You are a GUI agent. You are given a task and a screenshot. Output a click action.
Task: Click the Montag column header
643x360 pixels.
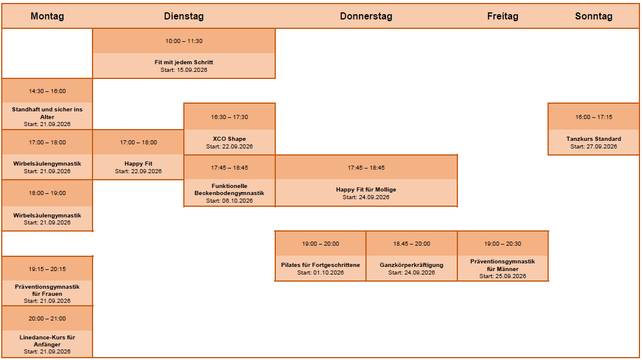47,16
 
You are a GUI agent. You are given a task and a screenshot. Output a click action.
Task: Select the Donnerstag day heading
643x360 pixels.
366,16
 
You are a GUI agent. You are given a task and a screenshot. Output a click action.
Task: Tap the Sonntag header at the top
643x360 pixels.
593,16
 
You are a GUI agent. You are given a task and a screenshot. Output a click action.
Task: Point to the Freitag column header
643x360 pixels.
502,16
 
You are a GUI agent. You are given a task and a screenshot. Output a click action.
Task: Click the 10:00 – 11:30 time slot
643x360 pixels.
184,41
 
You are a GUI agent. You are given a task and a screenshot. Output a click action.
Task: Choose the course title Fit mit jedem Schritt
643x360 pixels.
184,62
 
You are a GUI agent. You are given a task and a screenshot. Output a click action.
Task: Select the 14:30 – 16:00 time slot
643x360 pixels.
47,91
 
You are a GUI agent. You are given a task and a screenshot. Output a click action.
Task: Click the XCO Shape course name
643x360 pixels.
229,138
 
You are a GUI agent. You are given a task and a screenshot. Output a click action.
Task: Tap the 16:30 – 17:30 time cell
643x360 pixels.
229,117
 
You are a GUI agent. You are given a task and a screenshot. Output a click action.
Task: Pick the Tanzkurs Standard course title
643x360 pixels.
593,138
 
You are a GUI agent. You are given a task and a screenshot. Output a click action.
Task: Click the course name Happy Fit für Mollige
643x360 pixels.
366,190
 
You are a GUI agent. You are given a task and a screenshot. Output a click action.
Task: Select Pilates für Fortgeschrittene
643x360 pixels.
320,265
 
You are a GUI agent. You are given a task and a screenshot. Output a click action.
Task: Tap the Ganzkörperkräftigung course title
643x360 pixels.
411,265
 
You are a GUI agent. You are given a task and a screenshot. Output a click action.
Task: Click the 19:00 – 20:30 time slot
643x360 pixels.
502,243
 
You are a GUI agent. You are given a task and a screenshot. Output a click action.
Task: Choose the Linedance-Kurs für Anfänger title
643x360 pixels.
47,341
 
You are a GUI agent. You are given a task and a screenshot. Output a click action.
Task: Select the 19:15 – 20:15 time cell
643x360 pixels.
47,269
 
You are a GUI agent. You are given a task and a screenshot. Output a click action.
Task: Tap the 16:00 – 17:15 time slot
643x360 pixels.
593,117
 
